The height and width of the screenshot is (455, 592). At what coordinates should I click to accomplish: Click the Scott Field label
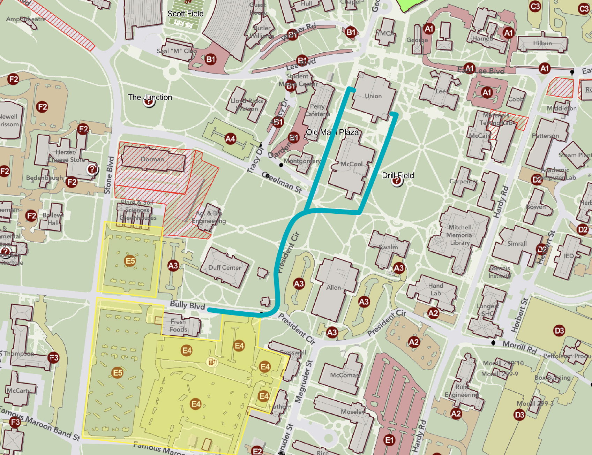tap(185, 14)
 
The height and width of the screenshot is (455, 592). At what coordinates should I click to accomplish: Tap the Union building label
tap(373, 96)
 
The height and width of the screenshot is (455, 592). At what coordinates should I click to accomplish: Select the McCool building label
tap(351, 164)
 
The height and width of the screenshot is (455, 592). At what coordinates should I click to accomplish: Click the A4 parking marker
tap(230, 139)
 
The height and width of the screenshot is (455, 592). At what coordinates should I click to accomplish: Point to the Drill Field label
tap(398, 175)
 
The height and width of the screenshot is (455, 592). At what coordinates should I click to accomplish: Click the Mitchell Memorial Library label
tap(459, 235)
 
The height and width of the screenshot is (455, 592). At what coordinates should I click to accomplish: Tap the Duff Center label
tap(225, 267)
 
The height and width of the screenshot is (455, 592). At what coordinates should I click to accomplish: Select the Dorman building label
tap(152, 159)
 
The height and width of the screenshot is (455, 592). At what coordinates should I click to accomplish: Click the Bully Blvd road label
tap(187, 305)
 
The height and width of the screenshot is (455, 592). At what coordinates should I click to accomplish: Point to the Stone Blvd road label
tap(109, 175)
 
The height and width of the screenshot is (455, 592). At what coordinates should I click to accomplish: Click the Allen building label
tap(334, 287)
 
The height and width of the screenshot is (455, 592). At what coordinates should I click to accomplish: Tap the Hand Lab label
tap(435, 289)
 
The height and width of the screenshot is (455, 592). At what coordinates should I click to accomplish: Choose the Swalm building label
tap(388, 247)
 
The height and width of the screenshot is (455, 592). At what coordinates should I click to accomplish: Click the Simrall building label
tap(517, 243)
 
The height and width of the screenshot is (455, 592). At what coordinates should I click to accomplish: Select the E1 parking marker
tap(389, 440)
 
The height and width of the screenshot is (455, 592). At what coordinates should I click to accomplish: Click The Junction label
tap(150, 97)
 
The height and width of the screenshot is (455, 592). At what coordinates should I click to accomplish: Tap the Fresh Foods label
tap(178, 325)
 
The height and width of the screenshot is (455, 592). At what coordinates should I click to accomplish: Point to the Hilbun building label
tap(542, 43)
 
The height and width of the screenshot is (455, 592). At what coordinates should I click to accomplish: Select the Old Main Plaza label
tap(332, 132)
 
